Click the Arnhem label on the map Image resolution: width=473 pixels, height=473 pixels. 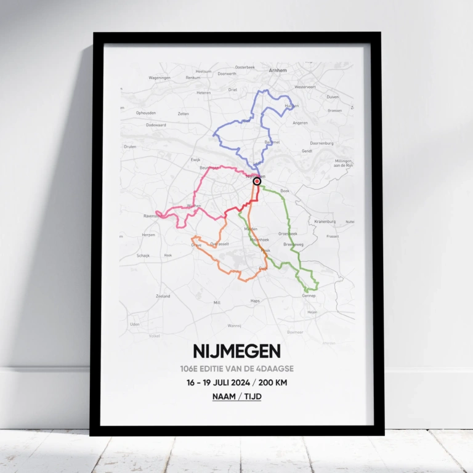pyautogui.click(x=278, y=70)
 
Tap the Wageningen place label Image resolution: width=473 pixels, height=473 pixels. pyautogui.click(x=159, y=78)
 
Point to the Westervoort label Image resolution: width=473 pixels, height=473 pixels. pyautogui.click(x=305, y=87)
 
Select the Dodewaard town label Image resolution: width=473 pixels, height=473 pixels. pyautogui.click(x=156, y=125)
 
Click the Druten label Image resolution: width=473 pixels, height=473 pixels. pyautogui.click(x=130, y=147)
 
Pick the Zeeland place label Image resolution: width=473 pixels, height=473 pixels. pyautogui.click(x=163, y=296)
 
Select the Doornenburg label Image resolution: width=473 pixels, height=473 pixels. pyautogui.click(x=321, y=143)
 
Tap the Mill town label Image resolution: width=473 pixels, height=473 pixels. pyautogui.click(x=217, y=302)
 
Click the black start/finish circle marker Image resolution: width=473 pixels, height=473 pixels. pyautogui.click(x=257, y=181)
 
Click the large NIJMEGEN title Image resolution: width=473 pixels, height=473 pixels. pyautogui.click(x=236, y=351)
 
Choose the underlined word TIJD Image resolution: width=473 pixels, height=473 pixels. pyautogui.click(x=253, y=397)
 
